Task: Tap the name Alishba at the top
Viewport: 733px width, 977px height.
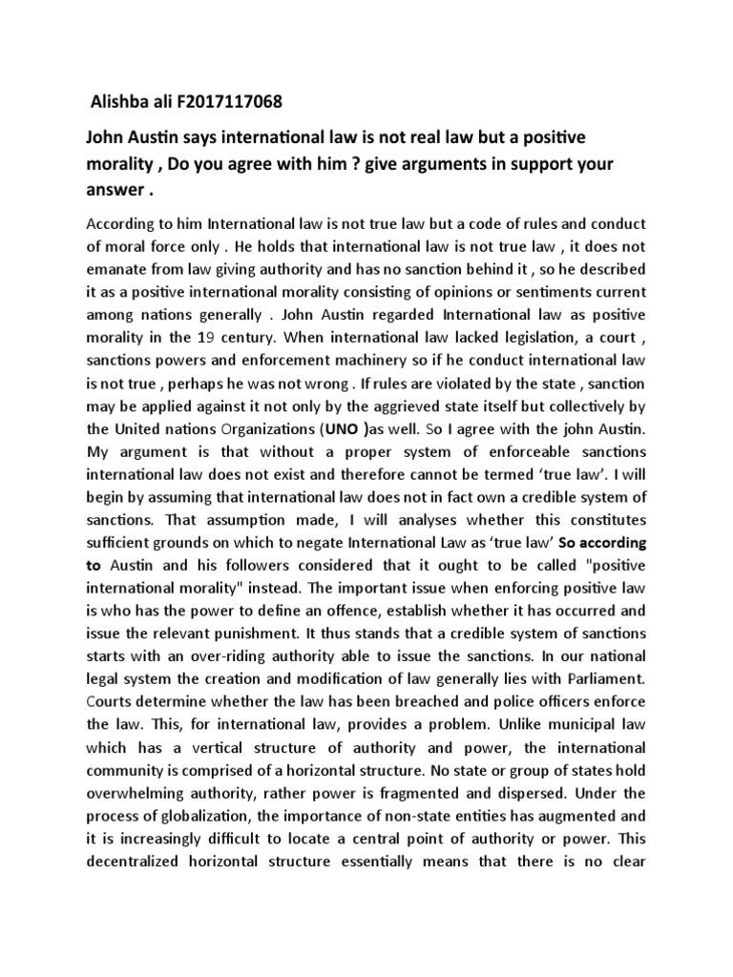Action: click(x=118, y=101)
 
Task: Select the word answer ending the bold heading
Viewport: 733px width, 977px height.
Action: click(x=117, y=189)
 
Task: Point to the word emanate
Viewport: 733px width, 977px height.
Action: click(x=119, y=269)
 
